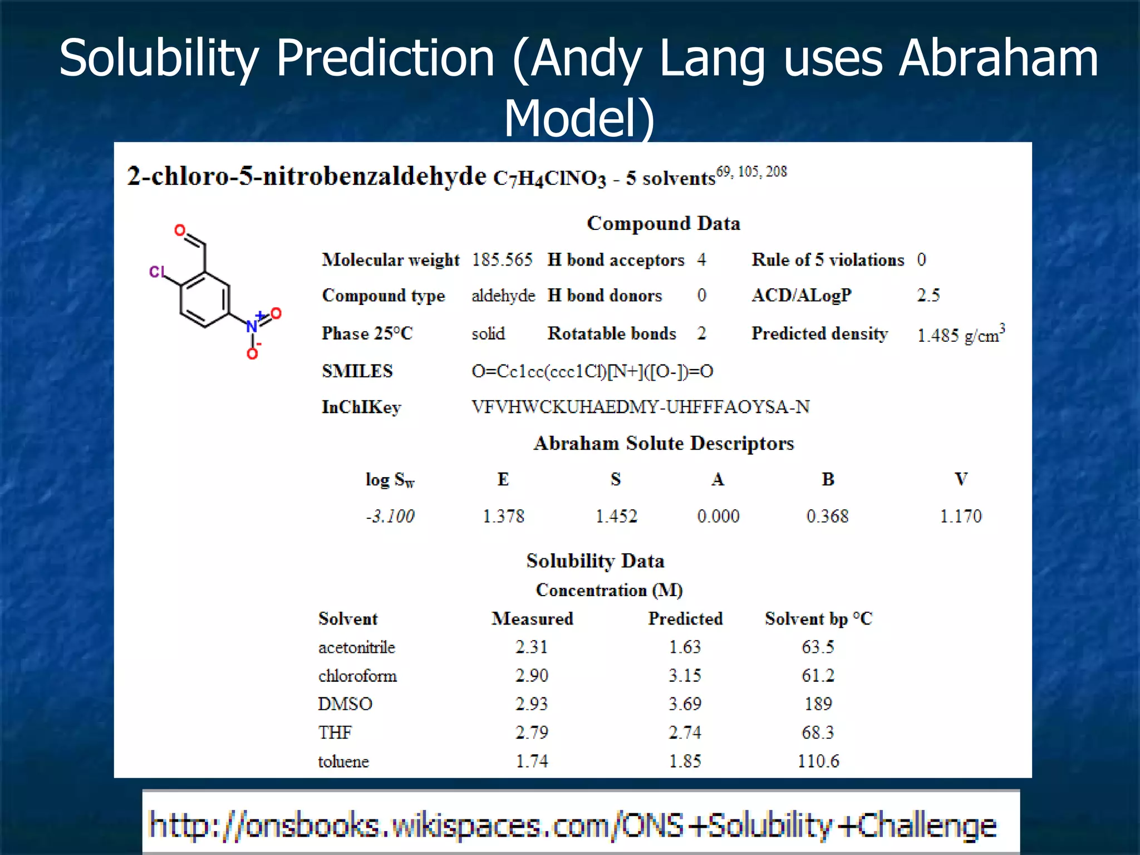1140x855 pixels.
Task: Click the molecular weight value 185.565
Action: [x=502, y=260]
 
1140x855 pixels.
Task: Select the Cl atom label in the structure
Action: [x=156, y=272]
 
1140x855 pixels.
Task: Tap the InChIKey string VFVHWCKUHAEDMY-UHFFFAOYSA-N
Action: [x=640, y=407]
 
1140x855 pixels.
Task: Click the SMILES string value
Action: [x=592, y=371]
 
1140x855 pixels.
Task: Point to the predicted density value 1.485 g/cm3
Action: [x=960, y=335]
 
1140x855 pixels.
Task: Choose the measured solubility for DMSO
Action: [x=532, y=704]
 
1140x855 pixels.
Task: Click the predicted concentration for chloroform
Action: [x=685, y=676]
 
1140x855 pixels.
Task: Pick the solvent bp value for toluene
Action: [x=818, y=761]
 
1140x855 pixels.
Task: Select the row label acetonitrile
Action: [x=357, y=647]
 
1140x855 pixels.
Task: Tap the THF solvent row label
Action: [x=335, y=733]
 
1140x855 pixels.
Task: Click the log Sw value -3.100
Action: [x=390, y=517]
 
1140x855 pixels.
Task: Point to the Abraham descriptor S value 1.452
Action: [x=616, y=517]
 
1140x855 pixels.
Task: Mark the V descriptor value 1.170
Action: [x=961, y=517]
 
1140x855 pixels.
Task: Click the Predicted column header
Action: [x=685, y=618]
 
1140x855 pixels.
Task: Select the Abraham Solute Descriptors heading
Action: [x=664, y=444]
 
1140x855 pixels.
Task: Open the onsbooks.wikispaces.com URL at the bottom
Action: [x=572, y=825]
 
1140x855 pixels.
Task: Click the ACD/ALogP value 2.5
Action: [x=928, y=295]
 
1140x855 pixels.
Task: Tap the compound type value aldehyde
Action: [x=503, y=296]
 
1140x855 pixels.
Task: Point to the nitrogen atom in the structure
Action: [x=252, y=327]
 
